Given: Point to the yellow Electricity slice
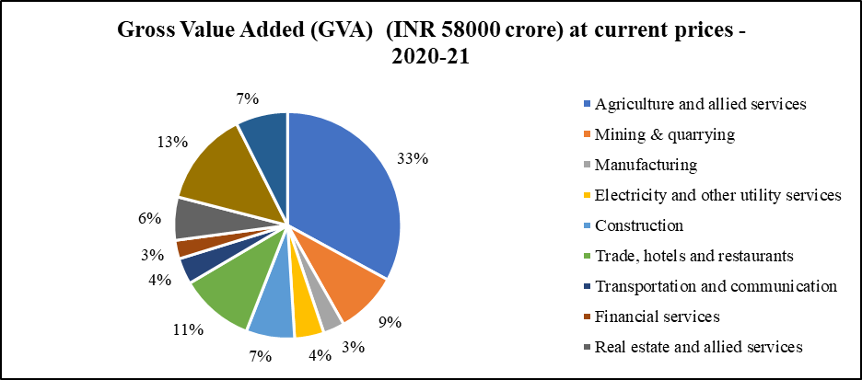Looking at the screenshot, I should (307, 317).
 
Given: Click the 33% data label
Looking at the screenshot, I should (413, 158).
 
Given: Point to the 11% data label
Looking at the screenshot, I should (188, 328).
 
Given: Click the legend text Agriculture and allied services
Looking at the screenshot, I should (701, 104).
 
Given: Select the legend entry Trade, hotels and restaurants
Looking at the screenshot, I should (694, 256).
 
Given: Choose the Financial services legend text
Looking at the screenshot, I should (657, 317).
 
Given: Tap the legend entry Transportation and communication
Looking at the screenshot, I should (716, 286).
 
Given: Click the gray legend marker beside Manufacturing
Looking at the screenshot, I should (587, 166).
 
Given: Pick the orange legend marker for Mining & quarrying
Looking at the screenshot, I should (587, 135).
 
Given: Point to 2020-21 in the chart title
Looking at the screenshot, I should (430, 57).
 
